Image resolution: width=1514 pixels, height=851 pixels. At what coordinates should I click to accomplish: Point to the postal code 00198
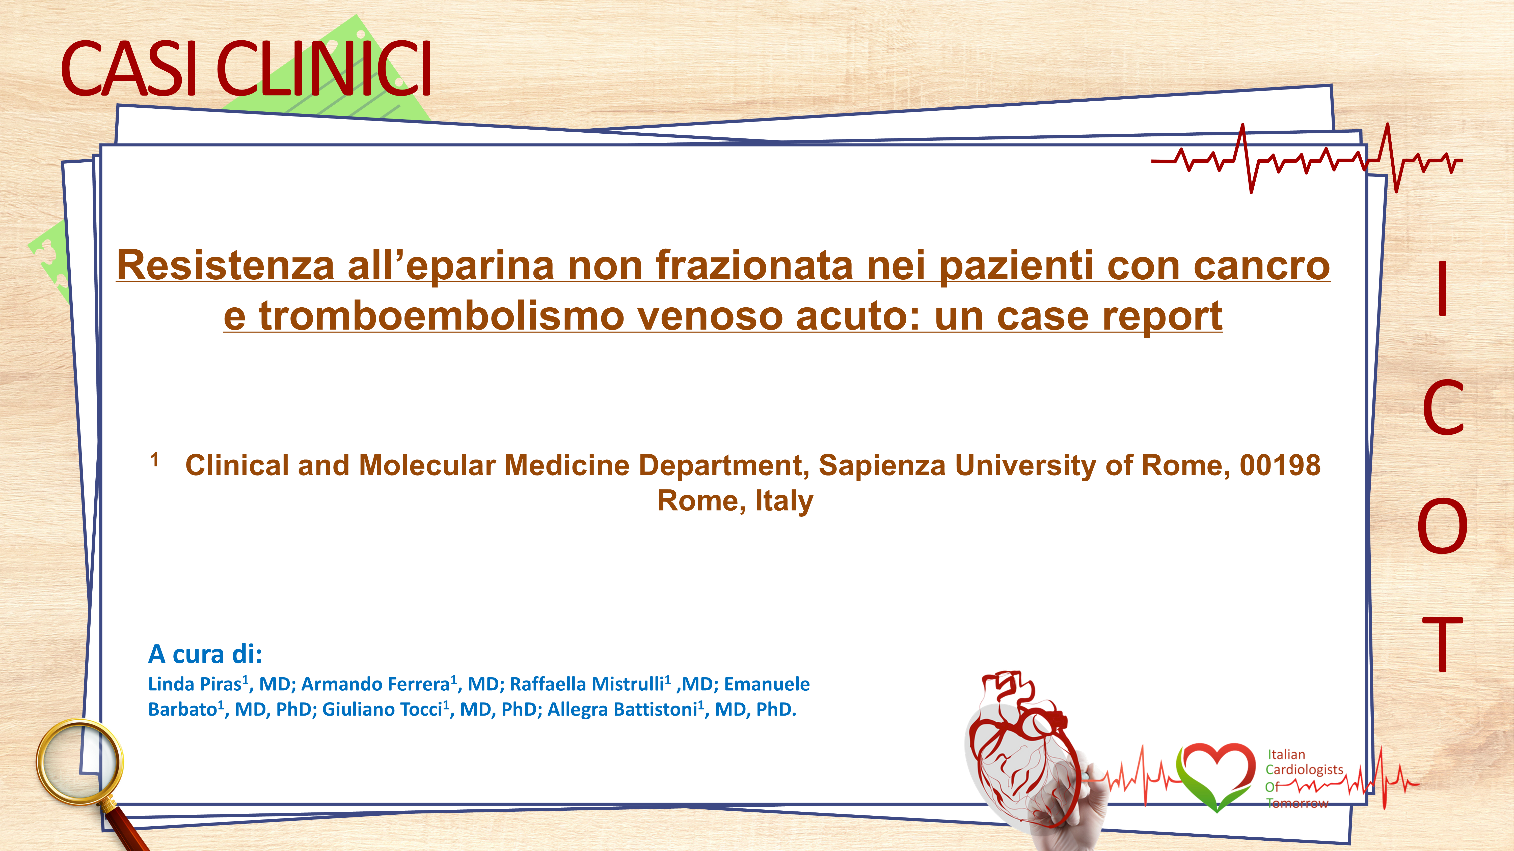1280,465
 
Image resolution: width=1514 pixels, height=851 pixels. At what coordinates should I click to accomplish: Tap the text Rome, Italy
735,501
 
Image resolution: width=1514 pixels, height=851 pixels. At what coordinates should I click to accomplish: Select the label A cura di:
205,654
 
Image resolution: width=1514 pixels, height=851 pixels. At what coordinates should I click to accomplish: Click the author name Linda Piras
195,684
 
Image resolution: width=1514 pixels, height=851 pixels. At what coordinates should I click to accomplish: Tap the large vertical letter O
1442,526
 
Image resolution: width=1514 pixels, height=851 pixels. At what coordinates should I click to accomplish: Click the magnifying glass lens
79,762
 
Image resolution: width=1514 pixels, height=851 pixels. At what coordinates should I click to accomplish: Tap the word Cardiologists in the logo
1304,770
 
